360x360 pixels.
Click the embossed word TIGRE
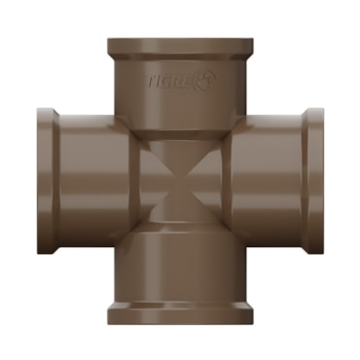(171, 82)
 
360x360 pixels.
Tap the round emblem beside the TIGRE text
(205, 81)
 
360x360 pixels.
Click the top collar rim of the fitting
(180, 48)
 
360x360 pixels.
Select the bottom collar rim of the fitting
(180, 312)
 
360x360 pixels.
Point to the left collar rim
(48, 181)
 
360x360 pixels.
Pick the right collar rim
(312, 181)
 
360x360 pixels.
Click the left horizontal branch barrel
(94, 181)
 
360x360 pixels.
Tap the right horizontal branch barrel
(266, 181)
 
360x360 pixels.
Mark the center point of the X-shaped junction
(180, 180)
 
